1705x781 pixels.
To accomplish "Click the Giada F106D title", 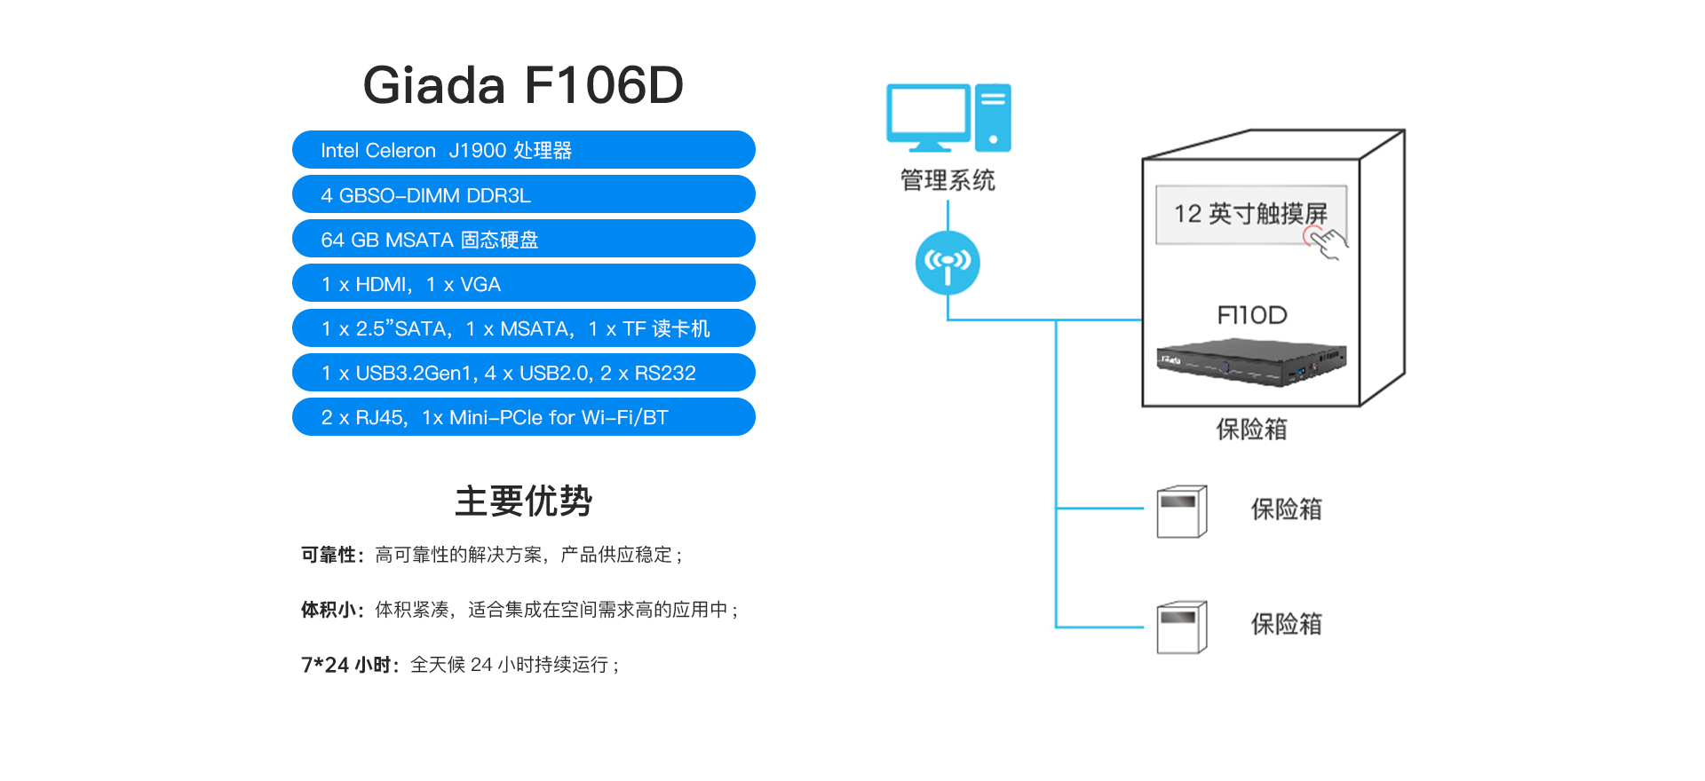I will tap(523, 85).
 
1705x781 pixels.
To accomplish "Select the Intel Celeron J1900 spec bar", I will tap(523, 150).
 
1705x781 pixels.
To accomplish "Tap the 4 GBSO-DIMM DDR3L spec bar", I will tap(523, 194).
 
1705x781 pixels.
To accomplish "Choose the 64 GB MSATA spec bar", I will tap(523, 239).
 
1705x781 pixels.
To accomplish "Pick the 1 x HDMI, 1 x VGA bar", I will tap(523, 283).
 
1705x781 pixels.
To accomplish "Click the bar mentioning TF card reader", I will tap(523, 328).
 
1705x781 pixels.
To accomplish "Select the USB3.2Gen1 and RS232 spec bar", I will tap(523, 373).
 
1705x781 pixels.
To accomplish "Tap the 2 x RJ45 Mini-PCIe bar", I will tap(523, 417).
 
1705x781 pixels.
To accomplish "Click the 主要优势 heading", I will tap(523, 501).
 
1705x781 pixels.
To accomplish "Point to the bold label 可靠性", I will tap(329, 556).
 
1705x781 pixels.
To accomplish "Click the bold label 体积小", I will tap(329, 610).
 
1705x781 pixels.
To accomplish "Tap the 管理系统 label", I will tap(948, 180).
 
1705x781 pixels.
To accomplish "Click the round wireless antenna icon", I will tap(948, 263).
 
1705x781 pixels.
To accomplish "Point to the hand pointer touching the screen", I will tap(1327, 241).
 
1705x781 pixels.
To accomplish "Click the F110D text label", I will tap(1251, 315).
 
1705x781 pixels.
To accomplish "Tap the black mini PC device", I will tap(1251, 362).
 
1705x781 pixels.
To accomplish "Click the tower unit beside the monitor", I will tap(993, 117).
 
